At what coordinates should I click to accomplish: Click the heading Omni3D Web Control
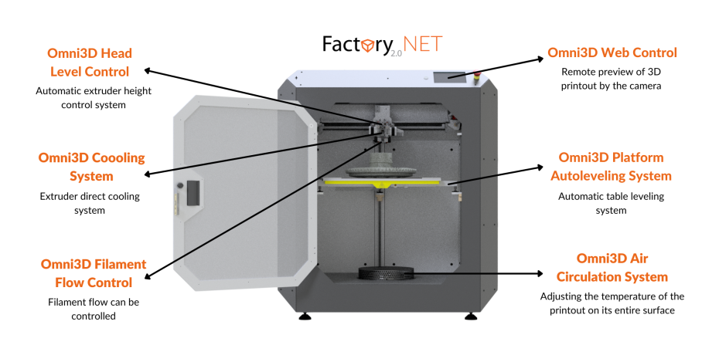(612, 53)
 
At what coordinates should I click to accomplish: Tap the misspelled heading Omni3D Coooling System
(91, 167)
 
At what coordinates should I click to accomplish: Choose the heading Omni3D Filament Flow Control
(93, 273)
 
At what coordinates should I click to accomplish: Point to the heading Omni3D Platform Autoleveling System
(611, 167)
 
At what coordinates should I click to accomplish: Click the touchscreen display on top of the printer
(451, 76)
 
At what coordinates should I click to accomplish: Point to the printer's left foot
(304, 316)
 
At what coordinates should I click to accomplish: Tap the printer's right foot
(470, 316)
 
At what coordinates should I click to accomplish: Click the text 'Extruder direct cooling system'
(90, 203)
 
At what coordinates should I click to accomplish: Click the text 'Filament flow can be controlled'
(93, 309)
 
